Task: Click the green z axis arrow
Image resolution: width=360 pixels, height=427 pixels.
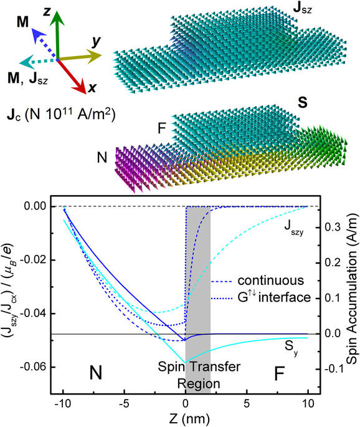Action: click(58, 34)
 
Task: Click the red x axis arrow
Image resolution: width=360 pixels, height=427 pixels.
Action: click(75, 75)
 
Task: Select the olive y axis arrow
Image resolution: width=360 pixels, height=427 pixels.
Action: click(81, 58)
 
